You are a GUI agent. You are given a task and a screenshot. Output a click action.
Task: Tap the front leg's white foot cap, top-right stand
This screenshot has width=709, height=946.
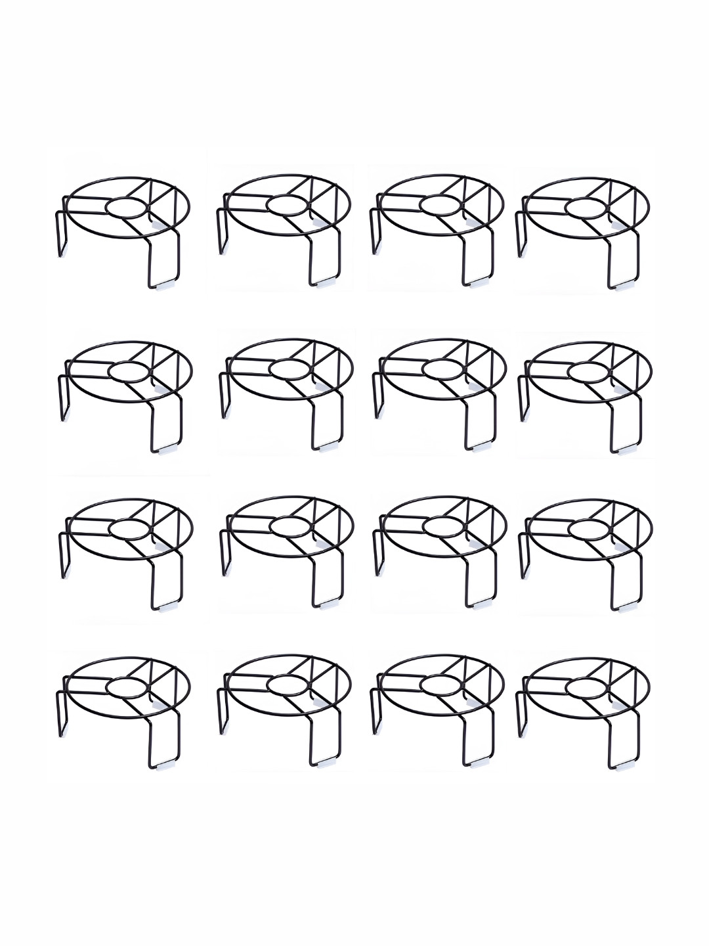click(620, 286)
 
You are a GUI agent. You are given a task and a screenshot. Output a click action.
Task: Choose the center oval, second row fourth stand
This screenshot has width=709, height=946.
click(590, 371)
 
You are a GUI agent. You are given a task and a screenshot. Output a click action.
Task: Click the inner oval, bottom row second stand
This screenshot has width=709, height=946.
click(288, 685)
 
